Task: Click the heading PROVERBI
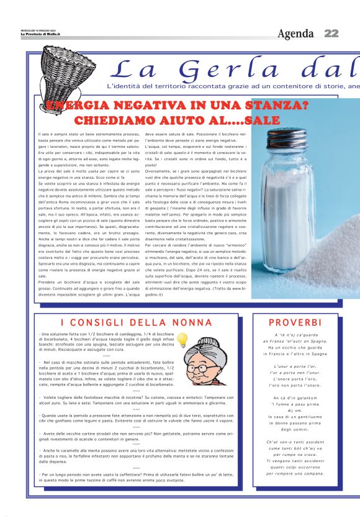tap(295, 322)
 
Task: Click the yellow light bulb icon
tap(182, 340)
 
